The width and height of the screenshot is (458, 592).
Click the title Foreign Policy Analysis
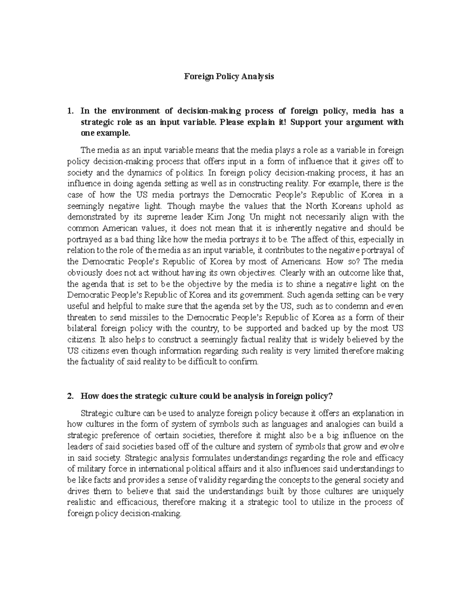point(229,77)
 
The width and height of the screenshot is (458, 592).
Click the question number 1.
point(69,111)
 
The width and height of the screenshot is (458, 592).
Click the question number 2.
point(69,396)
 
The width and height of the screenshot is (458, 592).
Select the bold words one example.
point(105,134)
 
